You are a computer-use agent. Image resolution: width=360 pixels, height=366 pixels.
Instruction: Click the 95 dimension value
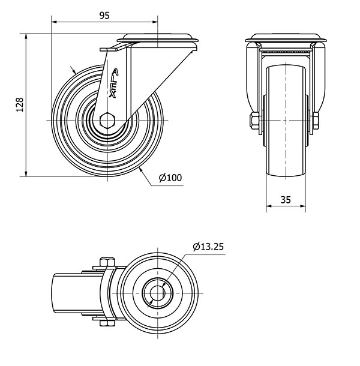(x=103, y=16)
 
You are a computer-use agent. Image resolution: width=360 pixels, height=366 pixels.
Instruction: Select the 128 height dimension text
(x=19, y=105)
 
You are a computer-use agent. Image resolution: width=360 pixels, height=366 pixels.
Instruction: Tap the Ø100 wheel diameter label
(x=170, y=177)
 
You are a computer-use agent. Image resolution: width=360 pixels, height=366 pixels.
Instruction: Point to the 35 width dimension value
(x=286, y=201)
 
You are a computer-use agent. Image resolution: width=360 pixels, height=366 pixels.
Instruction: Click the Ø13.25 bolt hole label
(x=208, y=245)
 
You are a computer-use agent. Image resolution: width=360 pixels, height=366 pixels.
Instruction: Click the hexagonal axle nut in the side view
(x=108, y=119)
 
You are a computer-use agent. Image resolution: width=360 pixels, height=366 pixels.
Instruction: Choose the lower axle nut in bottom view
(x=106, y=325)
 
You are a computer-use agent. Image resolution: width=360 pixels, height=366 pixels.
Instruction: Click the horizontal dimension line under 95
(x=78, y=23)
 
